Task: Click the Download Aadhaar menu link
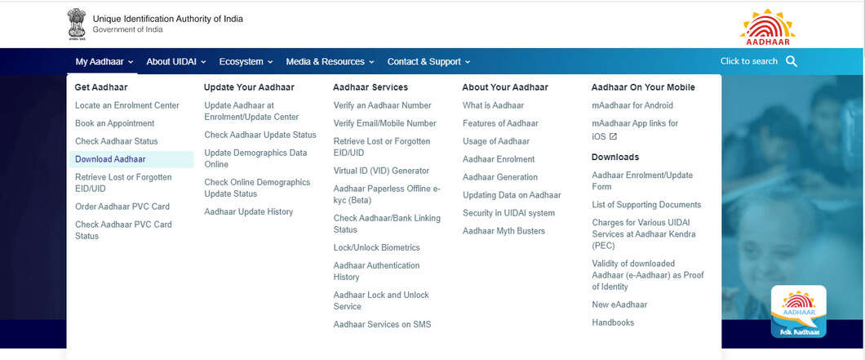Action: [110, 159]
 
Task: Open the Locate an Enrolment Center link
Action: [126, 105]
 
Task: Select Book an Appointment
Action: [114, 123]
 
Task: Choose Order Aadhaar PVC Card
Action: [122, 207]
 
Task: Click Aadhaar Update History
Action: [248, 211]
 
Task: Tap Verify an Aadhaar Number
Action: [382, 105]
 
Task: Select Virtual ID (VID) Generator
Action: [381, 171]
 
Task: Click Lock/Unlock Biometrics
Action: [376, 247]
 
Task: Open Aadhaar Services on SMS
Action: [382, 324]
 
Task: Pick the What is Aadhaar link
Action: [493, 105]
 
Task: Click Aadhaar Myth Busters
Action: [503, 231]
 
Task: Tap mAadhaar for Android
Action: [632, 105]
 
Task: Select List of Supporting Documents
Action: [646, 205]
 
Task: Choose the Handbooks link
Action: [613, 322]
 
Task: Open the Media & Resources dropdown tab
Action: [330, 61]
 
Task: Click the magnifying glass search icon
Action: [791, 61]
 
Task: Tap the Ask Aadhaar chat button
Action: [798, 312]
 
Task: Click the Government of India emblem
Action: [77, 24]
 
